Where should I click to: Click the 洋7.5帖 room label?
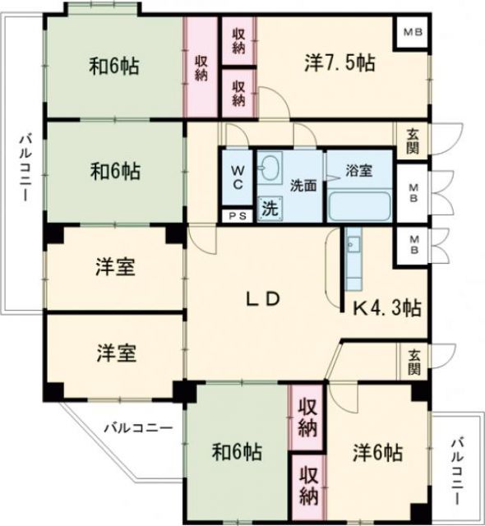pyautogui.click(x=330, y=63)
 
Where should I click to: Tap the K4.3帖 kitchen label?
pyautogui.click(x=387, y=308)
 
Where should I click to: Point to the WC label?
pyautogui.click(x=237, y=178)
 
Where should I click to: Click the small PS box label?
pyautogui.click(x=237, y=216)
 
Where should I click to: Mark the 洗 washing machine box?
pyautogui.click(x=269, y=208)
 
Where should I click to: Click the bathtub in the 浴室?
pyautogui.click(x=360, y=205)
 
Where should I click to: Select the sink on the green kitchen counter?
pyautogui.click(x=353, y=243)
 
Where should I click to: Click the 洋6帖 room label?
pyautogui.click(x=378, y=452)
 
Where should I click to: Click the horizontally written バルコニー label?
pyautogui.click(x=138, y=427)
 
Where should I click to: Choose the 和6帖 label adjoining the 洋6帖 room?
pyautogui.click(x=237, y=452)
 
